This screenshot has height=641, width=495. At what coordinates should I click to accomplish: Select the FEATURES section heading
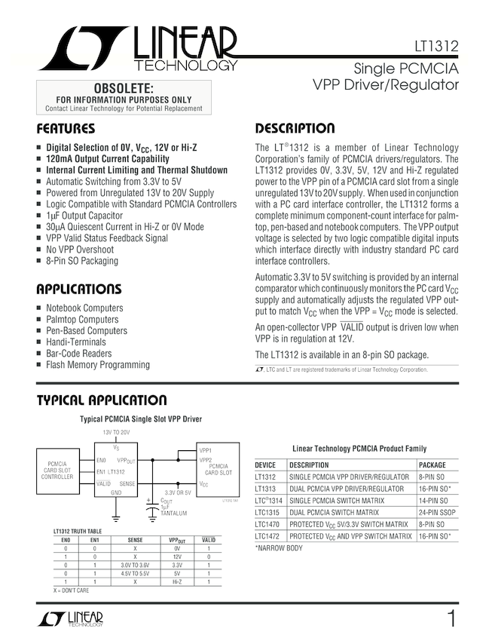tap(66, 128)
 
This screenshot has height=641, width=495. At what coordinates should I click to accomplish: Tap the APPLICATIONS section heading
tap(78, 289)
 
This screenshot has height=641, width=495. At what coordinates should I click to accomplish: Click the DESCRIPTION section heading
tap(295, 128)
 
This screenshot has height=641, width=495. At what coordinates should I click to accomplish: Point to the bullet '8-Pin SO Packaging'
tap(82, 261)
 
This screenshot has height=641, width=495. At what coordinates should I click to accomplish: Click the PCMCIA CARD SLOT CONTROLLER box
tap(57, 470)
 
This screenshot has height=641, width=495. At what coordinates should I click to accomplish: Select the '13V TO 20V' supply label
tap(116, 432)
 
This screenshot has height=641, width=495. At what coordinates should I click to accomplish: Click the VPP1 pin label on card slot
tap(206, 449)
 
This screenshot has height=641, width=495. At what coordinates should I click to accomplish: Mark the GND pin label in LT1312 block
tap(116, 492)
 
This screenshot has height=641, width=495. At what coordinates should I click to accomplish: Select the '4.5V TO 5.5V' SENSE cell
tap(136, 573)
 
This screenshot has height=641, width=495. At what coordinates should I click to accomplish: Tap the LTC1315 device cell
tap(267, 512)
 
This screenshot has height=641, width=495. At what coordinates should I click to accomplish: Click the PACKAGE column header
tap(432, 465)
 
